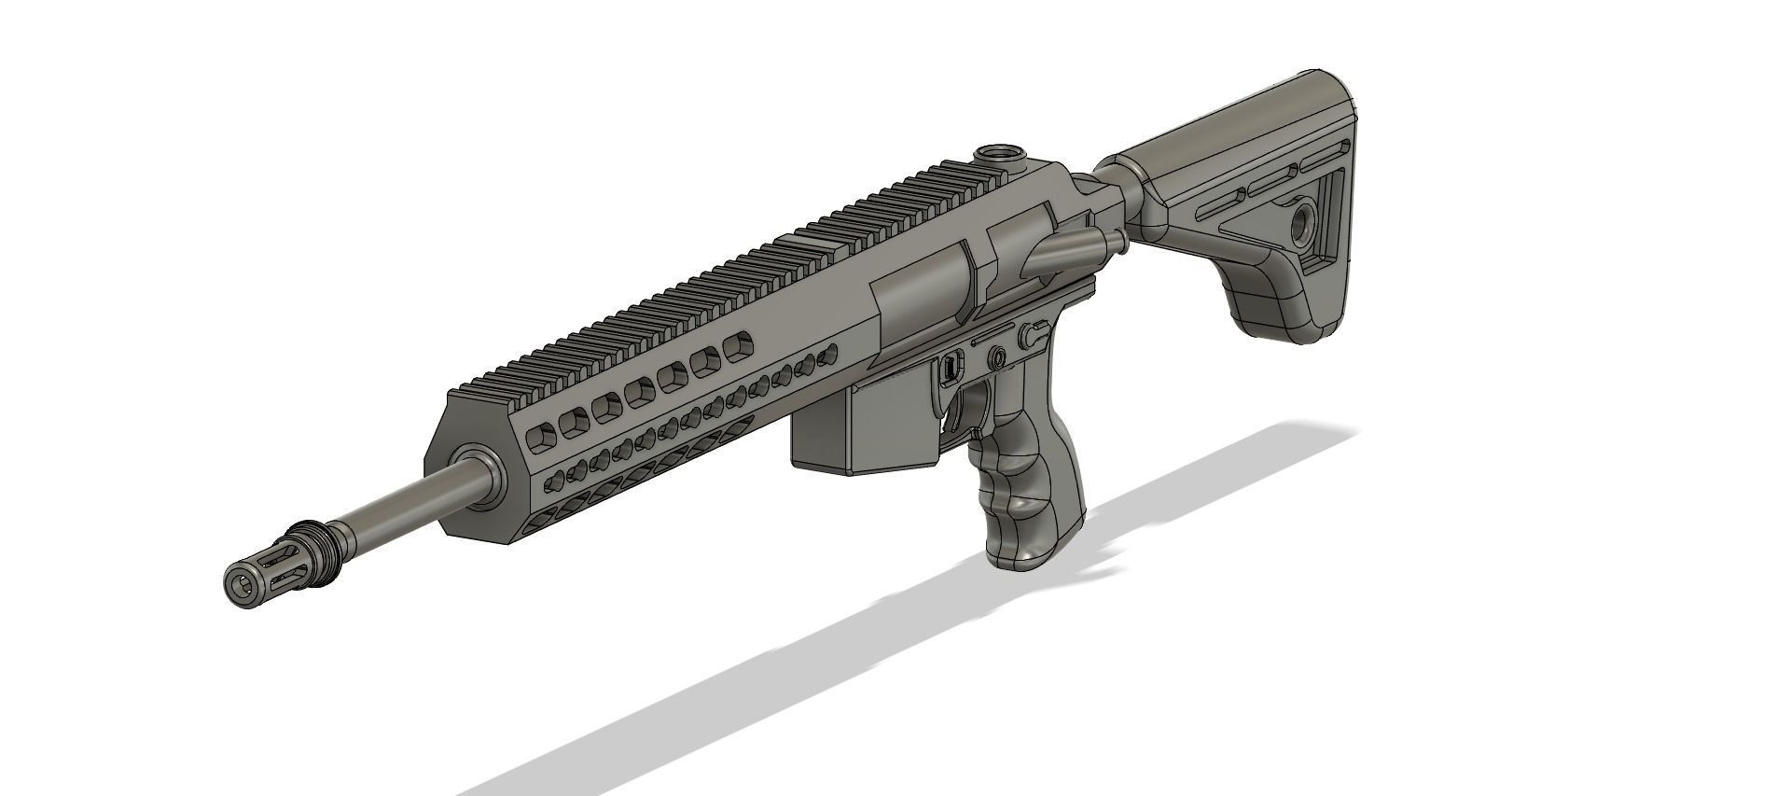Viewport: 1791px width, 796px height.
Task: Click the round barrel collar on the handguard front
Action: pyautogui.click(x=484, y=476)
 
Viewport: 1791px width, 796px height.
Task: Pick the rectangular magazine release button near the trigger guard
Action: pyautogui.click(x=950, y=367)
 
